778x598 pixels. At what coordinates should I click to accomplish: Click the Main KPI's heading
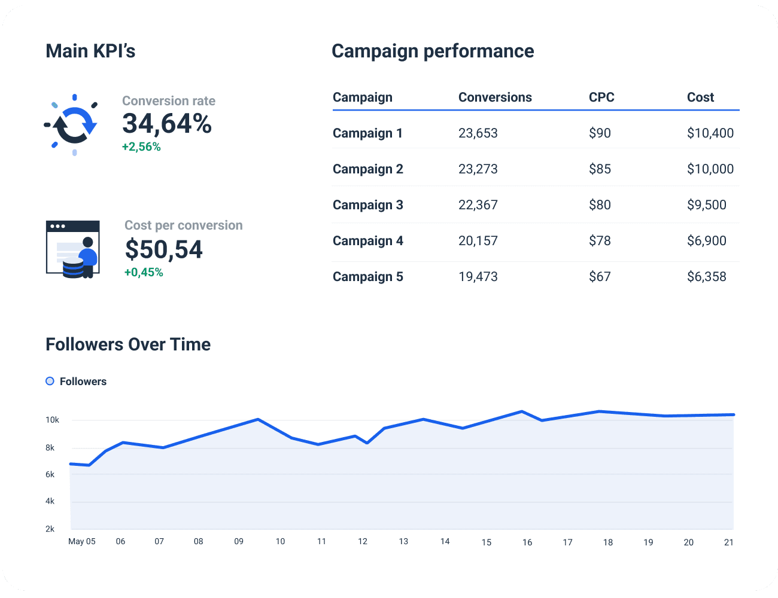point(90,51)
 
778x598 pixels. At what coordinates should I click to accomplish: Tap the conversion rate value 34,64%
point(167,124)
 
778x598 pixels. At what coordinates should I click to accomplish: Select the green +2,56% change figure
point(141,147)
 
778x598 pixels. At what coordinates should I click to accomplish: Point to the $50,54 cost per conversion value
point(164,249)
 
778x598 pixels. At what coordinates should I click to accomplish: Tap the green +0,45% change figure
point(144,273)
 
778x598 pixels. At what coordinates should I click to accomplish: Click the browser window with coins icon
point(73,249)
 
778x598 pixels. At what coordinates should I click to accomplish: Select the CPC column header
point(601,97)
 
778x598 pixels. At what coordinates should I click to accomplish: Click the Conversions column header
point(495,97)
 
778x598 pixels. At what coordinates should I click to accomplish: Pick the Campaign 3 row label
point(367,205)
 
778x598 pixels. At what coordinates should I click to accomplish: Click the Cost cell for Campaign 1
point(710,133)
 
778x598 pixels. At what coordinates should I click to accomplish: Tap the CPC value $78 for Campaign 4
point(600,241)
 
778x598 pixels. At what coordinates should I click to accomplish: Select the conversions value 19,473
point(478,277)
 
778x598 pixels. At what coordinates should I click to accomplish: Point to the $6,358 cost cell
point(706,277)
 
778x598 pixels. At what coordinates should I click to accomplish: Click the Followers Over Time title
point(128,344)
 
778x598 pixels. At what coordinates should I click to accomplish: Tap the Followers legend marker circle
point(50,382)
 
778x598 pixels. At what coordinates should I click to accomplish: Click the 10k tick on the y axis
point(53,420)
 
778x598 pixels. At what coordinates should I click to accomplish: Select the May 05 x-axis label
point(82,542)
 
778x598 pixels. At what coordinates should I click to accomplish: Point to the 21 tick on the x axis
point(728,542)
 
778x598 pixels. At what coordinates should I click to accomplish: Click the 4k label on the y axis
point(50,502)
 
